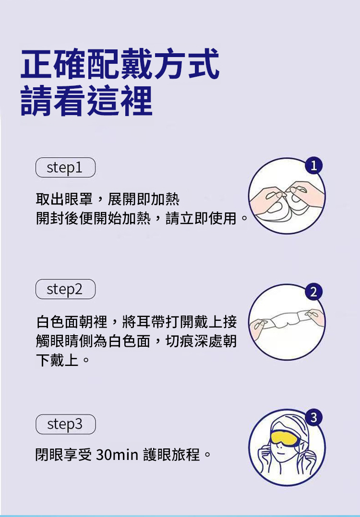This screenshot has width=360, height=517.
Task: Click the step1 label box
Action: pos(65,167)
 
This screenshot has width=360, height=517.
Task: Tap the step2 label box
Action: pos(65,289)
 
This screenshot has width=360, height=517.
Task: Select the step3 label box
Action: pos(65,424)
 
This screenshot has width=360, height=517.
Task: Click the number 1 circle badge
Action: pos(313,165)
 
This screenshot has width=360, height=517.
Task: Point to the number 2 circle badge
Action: pos(313,292)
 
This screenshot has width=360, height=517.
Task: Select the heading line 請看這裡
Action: pos(87,101)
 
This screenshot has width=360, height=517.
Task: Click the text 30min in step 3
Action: pos(117,455)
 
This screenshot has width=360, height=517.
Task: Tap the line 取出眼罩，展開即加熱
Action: pos(108,199)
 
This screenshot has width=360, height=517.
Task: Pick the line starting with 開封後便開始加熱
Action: pos(142,218)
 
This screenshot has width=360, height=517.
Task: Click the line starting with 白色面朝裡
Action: pos(136,322)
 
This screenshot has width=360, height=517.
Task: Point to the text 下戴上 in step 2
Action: pos(57,360)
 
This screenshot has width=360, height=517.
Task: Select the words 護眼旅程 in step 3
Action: pos(171,455)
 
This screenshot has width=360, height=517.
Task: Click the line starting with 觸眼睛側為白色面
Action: pos(136,341)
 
